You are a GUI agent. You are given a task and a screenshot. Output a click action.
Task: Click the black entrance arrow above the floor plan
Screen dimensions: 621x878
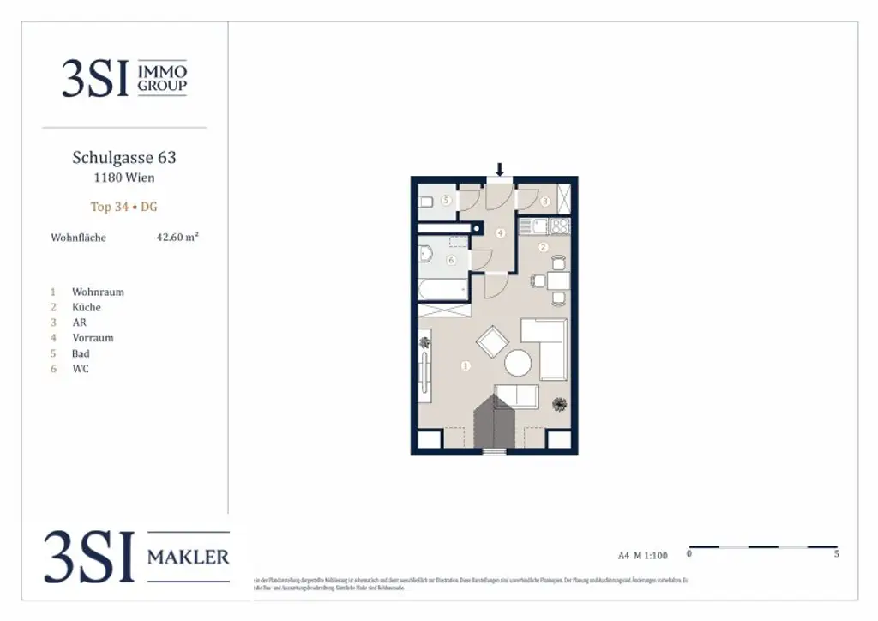[x=500, y=169]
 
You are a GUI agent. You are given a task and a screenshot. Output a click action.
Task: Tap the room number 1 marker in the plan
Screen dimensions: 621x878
[x=466, y=365]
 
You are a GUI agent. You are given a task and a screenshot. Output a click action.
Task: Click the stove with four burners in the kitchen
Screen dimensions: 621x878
[x=559, y=226]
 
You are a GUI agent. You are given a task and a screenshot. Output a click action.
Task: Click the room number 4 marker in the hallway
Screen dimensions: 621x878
[x=500, y=232]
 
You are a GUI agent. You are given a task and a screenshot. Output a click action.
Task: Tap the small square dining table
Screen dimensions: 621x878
[x=558, y=280]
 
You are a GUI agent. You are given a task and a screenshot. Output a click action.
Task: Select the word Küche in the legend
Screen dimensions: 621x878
[x=87, y=307]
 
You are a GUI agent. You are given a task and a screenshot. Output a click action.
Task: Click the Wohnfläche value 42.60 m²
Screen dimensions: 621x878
[x=177, y=238]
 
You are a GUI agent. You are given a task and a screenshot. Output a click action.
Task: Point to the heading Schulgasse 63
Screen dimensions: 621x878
[x=124, y=158]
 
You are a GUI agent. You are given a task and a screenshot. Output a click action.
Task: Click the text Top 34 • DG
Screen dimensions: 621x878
[x=124, y=207]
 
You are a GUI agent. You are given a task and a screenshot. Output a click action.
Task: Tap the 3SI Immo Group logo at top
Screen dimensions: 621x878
[x=124, y=79]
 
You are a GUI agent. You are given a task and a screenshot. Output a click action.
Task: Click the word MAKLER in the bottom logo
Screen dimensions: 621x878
[x=188, y=558]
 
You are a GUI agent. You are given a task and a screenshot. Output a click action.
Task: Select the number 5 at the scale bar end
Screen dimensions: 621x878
[x=836, y=554]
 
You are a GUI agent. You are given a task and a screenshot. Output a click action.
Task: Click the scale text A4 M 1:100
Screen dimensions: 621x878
[x=642, y=555]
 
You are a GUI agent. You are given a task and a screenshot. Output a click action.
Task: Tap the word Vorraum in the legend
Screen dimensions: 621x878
[x=93, y=338]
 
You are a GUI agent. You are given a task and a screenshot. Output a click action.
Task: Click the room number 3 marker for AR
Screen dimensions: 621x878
[x=546, y=202]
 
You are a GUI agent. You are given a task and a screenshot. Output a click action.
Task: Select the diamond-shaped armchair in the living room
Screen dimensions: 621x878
[x=492, y=343]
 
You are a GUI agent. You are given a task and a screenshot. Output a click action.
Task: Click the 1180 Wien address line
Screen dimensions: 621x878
[x=124, y=178]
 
